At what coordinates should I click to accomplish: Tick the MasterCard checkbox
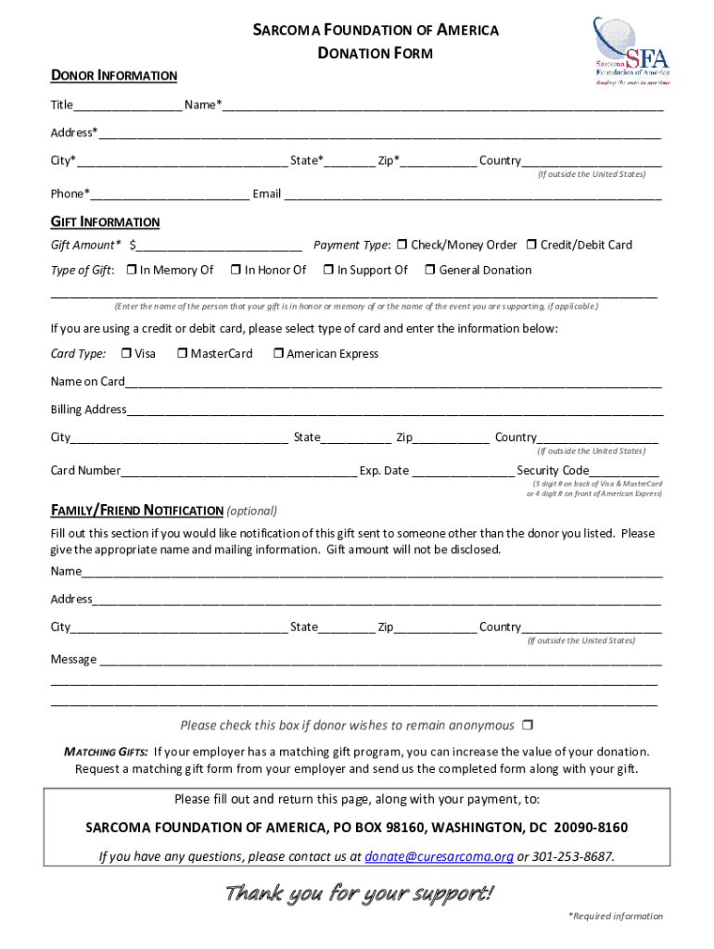tap(182, 353)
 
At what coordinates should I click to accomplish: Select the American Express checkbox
tap(277, 353)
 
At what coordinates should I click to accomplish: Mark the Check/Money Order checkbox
tap(402, 245)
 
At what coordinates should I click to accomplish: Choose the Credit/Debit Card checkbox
tap(531, 245)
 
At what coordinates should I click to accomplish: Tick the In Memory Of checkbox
tap(132, 270)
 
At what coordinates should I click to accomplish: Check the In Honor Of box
tap(236, 270)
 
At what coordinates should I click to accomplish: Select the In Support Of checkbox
tap(327, 270)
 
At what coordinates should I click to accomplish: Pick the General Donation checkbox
tap(429, 270)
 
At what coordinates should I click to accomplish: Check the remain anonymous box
tap(527, 725)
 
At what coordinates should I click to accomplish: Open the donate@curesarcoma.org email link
tap(439, 856)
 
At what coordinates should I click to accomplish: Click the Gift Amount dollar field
tap(219, 246)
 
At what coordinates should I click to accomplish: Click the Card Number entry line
tap(238, 471)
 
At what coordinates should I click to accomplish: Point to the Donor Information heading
tap(114, 75)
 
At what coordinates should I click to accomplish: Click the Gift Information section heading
tap(105, 222)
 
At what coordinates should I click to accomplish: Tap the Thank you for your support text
tap(360, 893)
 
